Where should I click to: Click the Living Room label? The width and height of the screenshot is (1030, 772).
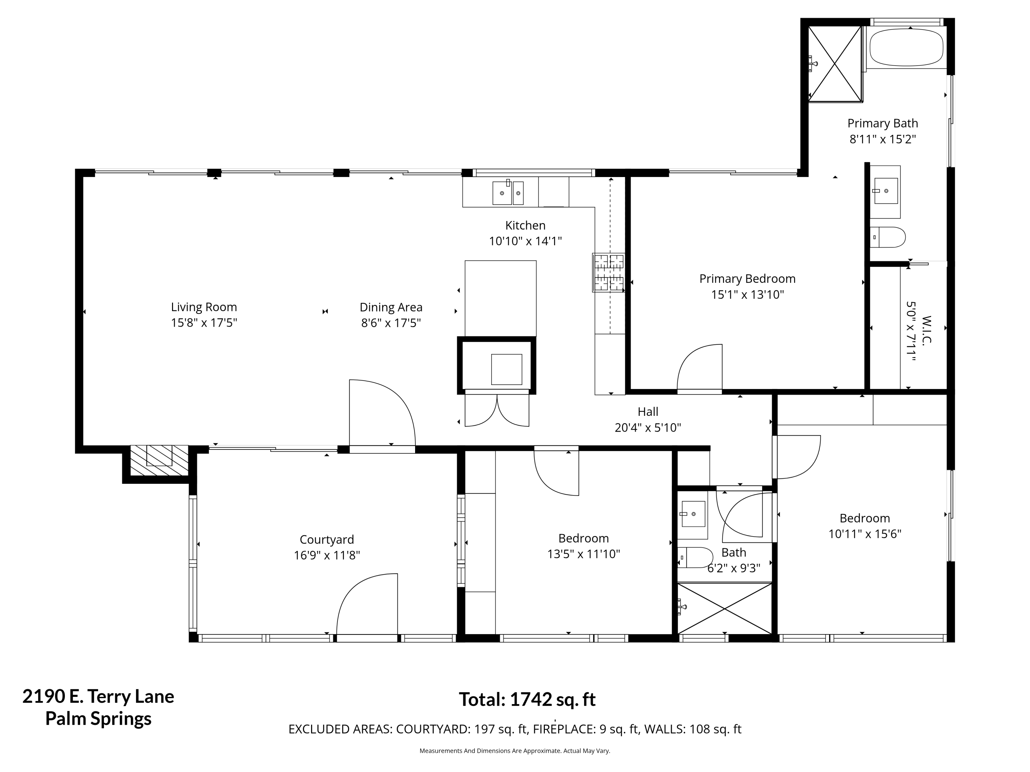tap(204, 307)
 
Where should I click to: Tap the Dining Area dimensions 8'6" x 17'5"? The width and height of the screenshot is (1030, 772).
tap(391, 323)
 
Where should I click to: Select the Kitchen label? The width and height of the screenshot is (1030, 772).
tap(525, 225)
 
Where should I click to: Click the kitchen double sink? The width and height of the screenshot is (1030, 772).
tap(508, 192)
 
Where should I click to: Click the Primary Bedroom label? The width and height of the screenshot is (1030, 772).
tap(747, 279)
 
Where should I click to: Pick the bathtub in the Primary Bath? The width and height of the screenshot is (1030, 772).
tap(906, 47)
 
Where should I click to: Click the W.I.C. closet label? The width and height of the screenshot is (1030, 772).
tap(927, 330)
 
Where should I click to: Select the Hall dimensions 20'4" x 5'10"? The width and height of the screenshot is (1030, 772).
tap(648, 428)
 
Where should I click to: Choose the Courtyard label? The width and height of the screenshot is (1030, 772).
tap(327, 539)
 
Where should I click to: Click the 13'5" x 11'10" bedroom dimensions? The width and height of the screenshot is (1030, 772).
tap(583, 554)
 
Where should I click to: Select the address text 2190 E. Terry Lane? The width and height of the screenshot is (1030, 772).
tap(98, 697)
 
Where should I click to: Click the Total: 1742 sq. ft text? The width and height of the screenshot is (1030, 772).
tap(527, 699)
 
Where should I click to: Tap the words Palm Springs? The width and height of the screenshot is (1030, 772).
tap(98, 719)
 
